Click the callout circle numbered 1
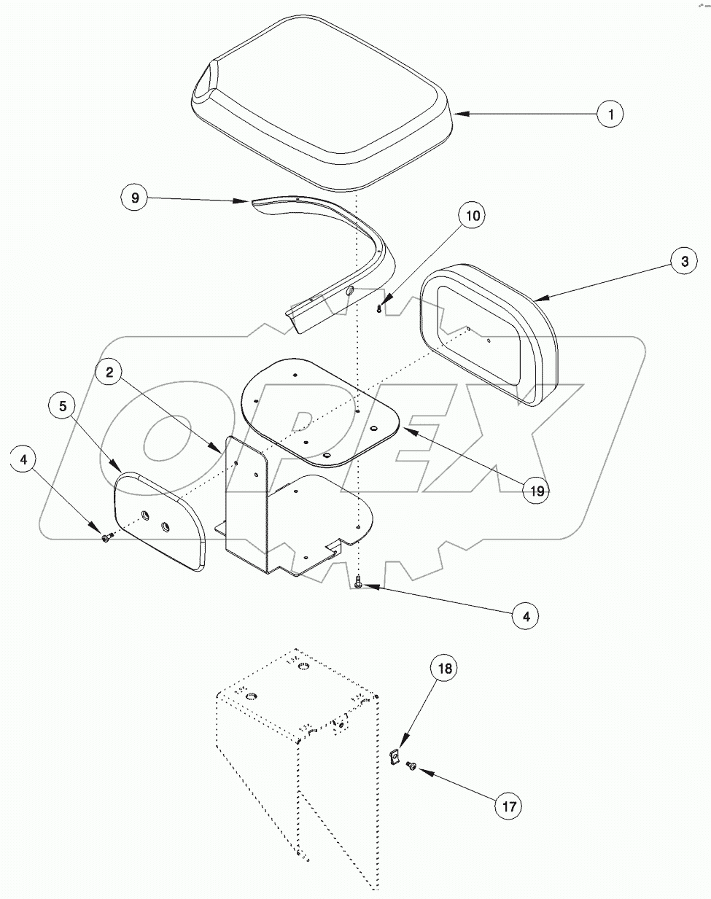pos(611,114)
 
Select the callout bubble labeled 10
pos(472,216)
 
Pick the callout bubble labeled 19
pos(537,491)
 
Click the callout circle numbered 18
pos(446,668)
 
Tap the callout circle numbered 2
pos(109,373)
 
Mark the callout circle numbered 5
pos(63,405)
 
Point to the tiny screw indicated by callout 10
pos(379,308)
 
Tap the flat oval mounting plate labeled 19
pos(321,412)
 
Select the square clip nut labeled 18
pos(393,758)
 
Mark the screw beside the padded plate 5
pos(107,538)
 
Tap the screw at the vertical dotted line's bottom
pos(358,582)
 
